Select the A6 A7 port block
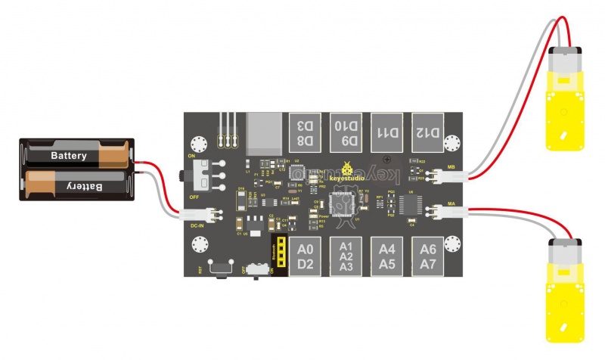[428, 256]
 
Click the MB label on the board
[451, 166]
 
